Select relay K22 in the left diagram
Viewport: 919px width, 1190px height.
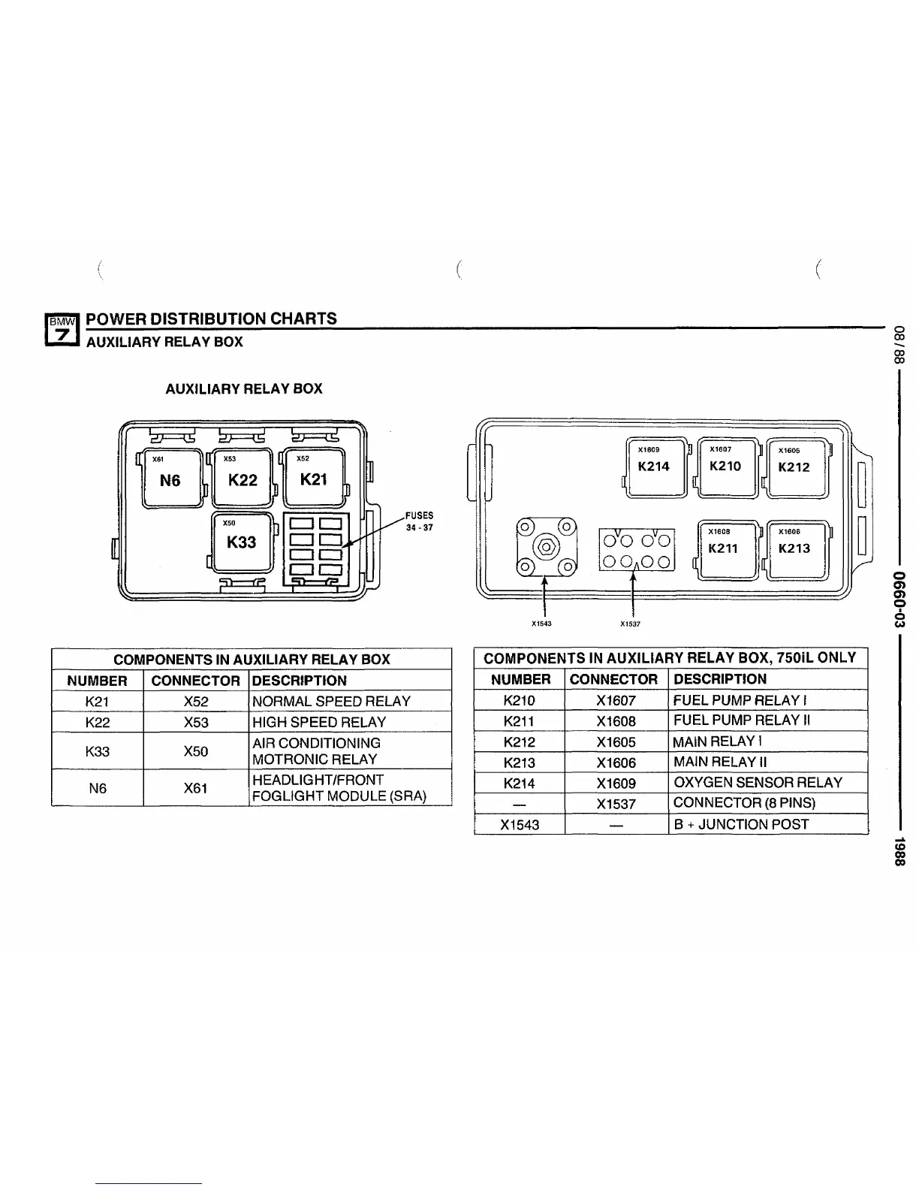(243, 479)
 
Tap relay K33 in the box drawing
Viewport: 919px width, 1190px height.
(242, 541)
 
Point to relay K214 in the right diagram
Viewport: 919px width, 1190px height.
(654, 467)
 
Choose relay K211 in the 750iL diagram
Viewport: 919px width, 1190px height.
(724, 548)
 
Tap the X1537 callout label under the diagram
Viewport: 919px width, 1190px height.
(630, 624)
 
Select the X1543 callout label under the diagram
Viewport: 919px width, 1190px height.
(541, 624)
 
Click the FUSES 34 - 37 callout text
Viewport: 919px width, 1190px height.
(419, 521)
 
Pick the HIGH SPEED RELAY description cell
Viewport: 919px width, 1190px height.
(319, 722)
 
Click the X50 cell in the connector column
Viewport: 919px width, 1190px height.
(195, 751)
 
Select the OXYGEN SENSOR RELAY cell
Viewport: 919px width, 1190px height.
(758, 782)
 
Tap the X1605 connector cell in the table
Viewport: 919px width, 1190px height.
(616, 741)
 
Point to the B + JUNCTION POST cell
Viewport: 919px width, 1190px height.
(741, 824)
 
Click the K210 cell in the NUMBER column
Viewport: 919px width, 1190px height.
(520, 700)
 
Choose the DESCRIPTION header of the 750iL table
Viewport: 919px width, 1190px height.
(720, 679)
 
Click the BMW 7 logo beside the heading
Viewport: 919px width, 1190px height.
(63, 330)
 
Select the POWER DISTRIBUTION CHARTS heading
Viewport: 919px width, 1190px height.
(212, 319)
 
